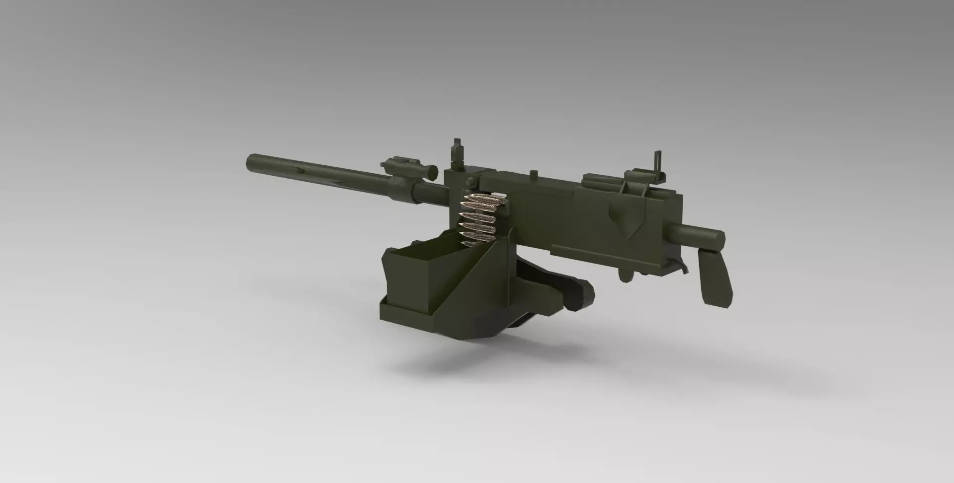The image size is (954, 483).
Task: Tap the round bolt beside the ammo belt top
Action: [x=468, y=184]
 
